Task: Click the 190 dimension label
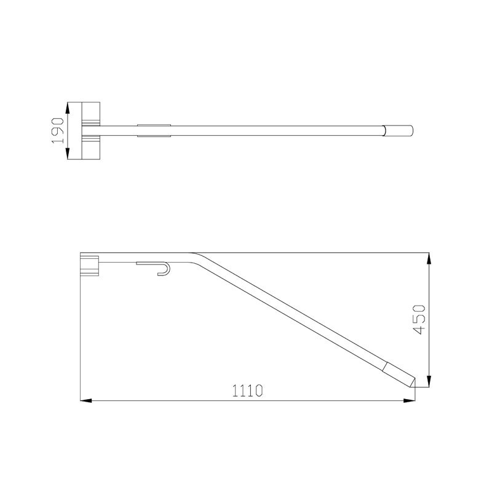click(58, 130)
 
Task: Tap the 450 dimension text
click(419, 319)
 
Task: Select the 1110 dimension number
click(247, 391)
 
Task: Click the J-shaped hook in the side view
click(164, 269)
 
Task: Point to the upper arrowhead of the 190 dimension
click(68, 108)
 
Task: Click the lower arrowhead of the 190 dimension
click(68, 153)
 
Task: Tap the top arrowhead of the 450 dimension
click(429, 258)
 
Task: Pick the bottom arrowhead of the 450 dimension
click(429, 381)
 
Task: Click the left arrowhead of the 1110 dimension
click(86, 401)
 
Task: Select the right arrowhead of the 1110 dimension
click(409, 401)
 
